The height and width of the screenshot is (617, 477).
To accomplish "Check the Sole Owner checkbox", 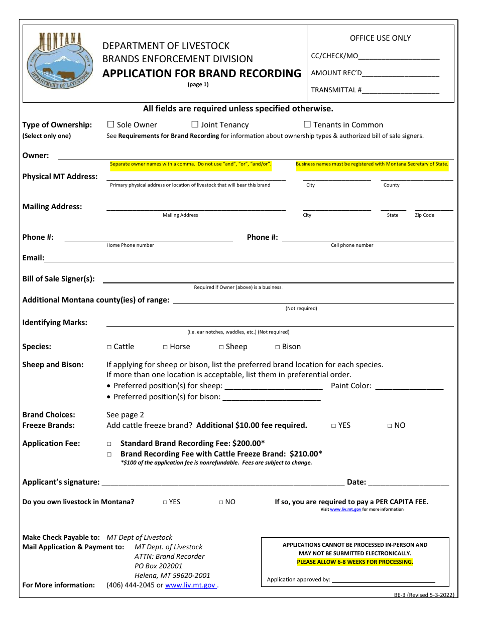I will (111, 124).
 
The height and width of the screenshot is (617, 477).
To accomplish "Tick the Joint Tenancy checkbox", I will (195, 124).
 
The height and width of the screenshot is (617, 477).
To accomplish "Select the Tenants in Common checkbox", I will (307, 124).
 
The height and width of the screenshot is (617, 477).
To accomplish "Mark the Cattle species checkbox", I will (109, 347).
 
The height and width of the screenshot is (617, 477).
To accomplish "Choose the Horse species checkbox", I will (165, 347).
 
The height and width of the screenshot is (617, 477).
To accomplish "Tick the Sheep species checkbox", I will (221, 347).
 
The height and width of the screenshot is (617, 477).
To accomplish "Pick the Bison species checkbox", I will (278, 347).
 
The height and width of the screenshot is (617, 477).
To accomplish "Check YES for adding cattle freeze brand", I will (333, 426).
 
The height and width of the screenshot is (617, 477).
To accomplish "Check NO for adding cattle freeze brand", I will (390, 426).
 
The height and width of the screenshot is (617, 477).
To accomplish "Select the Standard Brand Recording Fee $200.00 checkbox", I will (109, 444).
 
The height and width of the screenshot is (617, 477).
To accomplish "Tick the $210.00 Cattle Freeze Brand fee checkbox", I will (109, 454).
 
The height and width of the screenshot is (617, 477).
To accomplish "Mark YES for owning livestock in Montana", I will (165, 502).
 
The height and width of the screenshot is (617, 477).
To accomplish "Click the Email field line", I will (249, 259).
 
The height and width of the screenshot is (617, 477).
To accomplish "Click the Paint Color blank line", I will (409, 387).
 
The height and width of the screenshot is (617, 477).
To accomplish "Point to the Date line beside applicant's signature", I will (408, 483).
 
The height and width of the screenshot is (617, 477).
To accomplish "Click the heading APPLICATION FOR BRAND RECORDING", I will (202, 73).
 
